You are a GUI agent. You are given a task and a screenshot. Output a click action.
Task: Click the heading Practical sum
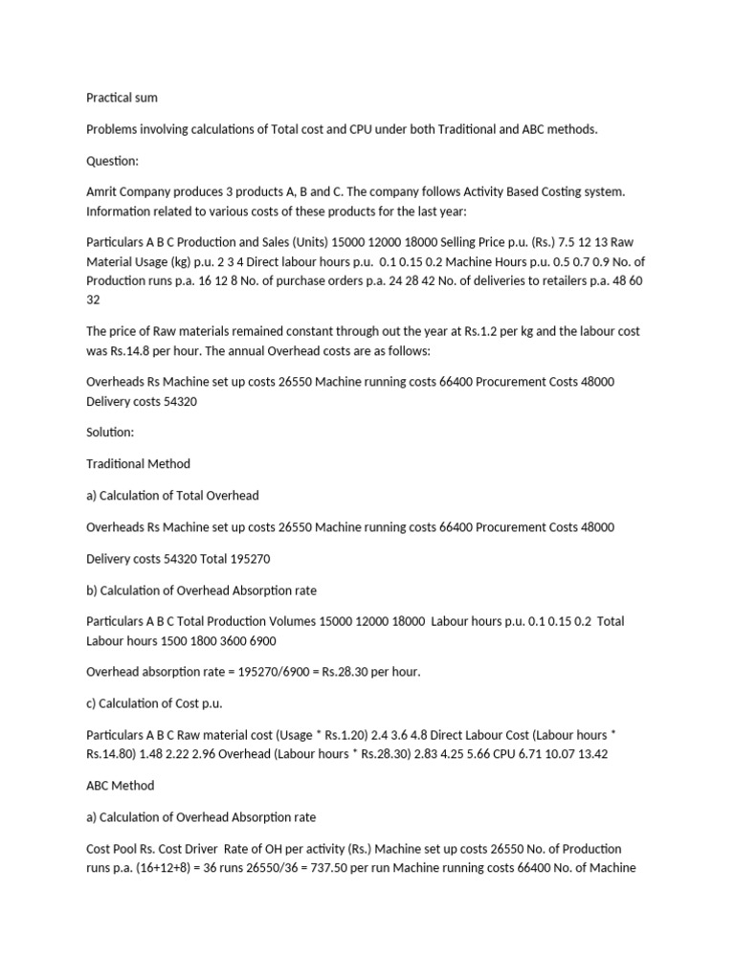point(122,97)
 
